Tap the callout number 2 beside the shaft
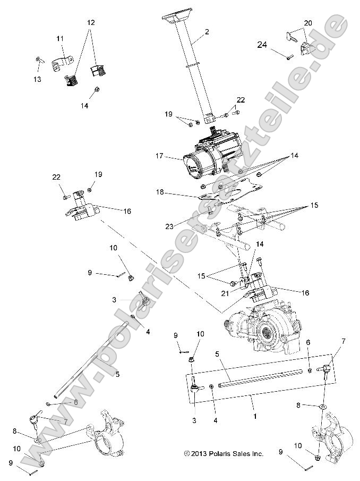point(207,32)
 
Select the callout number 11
point(59,38)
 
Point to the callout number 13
point(37,79)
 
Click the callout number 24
point(262,45)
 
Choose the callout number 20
point(308,23)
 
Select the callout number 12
point(91,23)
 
